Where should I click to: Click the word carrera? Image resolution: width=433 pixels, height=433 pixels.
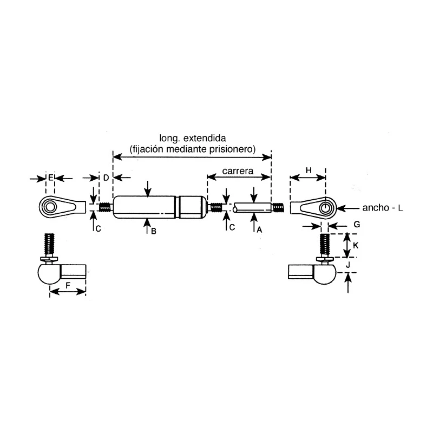tap(238, 171)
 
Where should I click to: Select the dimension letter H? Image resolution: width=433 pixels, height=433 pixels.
tap(309, 170)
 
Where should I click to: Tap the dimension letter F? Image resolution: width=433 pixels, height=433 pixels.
tap(68, 285)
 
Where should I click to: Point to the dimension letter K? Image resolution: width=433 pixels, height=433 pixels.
tap(356, 245)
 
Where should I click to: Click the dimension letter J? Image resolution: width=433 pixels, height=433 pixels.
tap(348, 265)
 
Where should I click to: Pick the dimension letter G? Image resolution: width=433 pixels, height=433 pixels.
tap(357, 225)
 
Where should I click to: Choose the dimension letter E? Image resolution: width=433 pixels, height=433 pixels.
tap(50, 178)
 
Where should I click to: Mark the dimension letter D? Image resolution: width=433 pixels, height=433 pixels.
tap(106, 178)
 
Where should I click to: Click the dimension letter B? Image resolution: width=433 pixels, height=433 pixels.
tap(154, 231)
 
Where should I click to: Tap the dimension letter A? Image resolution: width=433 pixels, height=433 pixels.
tap(259, 229)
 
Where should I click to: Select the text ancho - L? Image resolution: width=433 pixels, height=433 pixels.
tap(383, 208)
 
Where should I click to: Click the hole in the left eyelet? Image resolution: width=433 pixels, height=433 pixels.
tap(50, 207)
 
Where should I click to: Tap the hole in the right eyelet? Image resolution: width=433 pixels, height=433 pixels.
tap(326, 207)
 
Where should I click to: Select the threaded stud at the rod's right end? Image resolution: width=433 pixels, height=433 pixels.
tap(278, 208)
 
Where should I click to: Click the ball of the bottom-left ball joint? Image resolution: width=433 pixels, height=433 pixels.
tap(49, 274)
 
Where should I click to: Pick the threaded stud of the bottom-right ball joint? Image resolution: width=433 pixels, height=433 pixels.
tap(325, 245)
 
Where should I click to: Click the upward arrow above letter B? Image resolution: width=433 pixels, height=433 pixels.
tap(147, 226)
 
